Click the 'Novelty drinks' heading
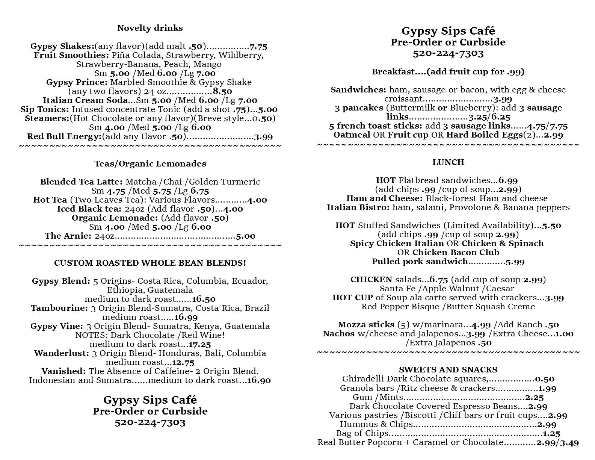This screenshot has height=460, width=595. pyautogui.click(x=150, y=28)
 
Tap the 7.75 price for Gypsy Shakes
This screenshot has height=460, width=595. pyautogui.click(x=258, y=47)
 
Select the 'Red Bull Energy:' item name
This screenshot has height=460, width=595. pyautogui.click(x=64, y=137)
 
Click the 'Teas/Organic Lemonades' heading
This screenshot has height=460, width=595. pyautogui.click(x=150, y=164)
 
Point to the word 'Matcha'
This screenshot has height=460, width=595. pyautogui.click(x=139, y=182)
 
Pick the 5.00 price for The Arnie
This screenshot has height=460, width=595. pyautogui.click(x=246, y=236)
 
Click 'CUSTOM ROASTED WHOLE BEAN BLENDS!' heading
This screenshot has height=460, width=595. pyautogui.click(x=150, y=263)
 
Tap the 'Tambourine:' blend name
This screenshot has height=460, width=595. pyautogui.click(x=59, y=309)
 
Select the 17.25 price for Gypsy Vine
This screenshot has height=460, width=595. pyautogui.click(x=200, y=345)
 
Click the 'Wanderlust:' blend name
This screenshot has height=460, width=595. pyautogui.click(x=62, y=353)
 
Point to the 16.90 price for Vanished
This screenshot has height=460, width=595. pyautogui.click(x=259, y=381)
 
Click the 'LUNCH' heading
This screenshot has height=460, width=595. pyautogui.click(x=448, y=162)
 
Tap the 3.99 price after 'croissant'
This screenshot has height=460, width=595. pyautogui.click(x=503, y=99)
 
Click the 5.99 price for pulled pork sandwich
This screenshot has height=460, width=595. pyautogui.click(x=515, y=262)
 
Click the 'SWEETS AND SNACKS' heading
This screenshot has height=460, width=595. pyautogui.click(x=448, y=370)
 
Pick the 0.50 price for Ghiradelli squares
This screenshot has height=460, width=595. pyautogui.click(x=545, y=379)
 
